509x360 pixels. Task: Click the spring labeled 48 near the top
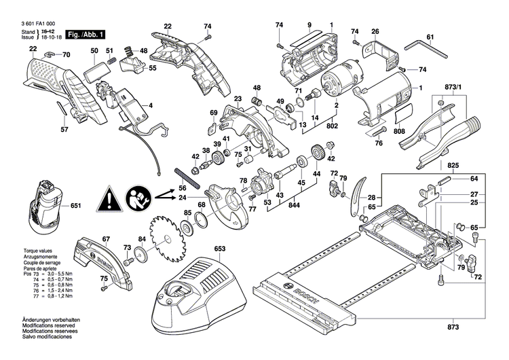[x=127, y=51]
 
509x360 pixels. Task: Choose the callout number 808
[x=398, y=132]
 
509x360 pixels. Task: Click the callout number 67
[x=105, y=239]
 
